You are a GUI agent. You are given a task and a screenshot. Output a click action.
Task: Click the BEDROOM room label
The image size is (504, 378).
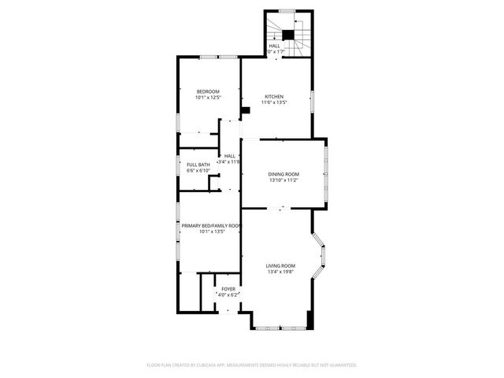[208, 92]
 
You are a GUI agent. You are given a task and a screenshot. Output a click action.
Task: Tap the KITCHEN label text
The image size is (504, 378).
[273, 96]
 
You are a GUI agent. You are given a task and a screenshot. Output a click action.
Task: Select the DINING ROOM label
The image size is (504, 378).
[283, 174]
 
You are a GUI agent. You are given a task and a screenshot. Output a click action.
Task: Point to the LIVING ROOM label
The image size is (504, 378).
[280, 266]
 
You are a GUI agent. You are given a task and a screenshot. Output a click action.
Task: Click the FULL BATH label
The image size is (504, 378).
[198, 165]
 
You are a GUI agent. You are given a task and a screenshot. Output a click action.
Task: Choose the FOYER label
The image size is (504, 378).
[228, 289]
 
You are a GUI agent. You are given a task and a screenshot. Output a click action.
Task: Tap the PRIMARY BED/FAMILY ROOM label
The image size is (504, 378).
[210, 226]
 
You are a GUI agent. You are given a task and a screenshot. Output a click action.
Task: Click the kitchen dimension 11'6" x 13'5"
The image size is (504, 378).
[274, 102]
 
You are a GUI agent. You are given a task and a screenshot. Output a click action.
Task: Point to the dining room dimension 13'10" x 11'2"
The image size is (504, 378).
[283, 180]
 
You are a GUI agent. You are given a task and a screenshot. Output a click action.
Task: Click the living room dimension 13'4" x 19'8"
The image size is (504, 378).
[280, 272]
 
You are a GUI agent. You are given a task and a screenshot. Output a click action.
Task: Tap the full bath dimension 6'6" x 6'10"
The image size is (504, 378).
[198, 170]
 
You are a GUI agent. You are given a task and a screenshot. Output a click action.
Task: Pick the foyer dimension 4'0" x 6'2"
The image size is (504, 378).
[228, 295]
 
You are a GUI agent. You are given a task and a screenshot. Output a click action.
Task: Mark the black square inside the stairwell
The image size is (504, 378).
[288, 34]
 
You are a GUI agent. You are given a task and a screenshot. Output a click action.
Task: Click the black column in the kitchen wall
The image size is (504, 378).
[245, 110]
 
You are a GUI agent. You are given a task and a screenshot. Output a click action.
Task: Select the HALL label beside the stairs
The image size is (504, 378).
[274, 46]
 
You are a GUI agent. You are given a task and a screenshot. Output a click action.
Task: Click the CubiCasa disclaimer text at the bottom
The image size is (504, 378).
[252, 365]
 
